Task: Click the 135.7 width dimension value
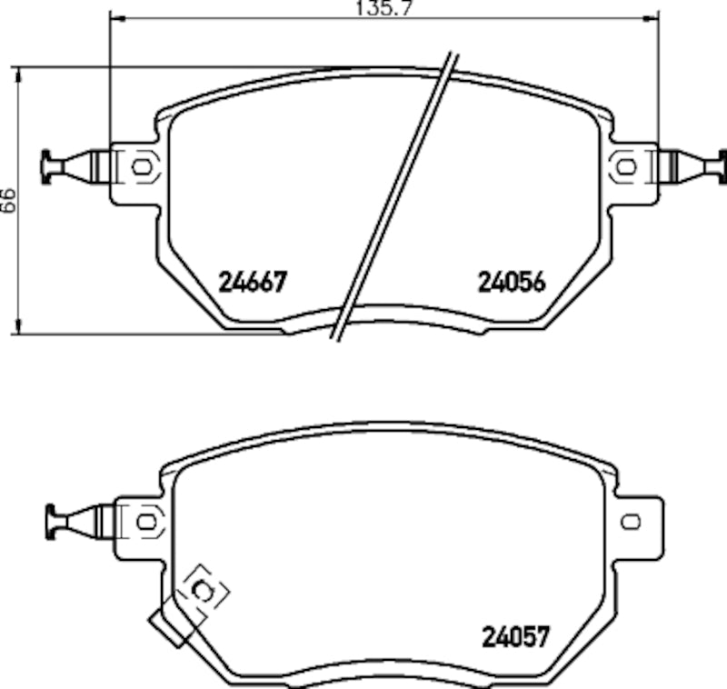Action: pos(383,8)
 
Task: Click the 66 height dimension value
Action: pos(7,200)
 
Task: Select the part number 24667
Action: pos(253,282)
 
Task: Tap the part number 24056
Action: pos(512,282)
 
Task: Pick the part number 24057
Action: pos(516,636)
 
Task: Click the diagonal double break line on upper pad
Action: pos(395,195)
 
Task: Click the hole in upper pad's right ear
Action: pos(624,166)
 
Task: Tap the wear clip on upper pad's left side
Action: pos(73,166)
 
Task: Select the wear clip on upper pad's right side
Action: pos(695,166)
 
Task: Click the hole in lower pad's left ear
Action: pos(145,521)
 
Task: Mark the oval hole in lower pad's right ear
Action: pos(631,521)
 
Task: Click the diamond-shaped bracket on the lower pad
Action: pos(203,593)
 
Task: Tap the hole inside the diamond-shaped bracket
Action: pos(204,593)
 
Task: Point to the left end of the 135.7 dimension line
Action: pos(109,17)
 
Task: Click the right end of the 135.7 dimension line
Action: pos(657,17)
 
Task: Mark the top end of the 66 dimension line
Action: pos(20,67)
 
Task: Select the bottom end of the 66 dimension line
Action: pos(20,333)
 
